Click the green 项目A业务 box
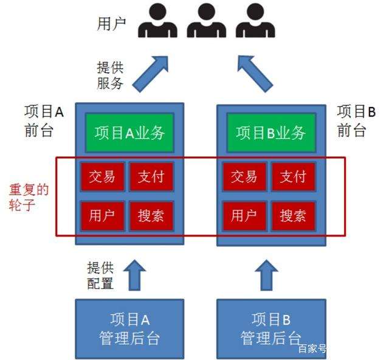coord(129,133)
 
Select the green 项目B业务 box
coord(270,133)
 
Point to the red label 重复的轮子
coord(28,196)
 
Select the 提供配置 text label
coord(101,275)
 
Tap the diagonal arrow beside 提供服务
coord(150,72)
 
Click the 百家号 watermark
coord(312,349)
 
